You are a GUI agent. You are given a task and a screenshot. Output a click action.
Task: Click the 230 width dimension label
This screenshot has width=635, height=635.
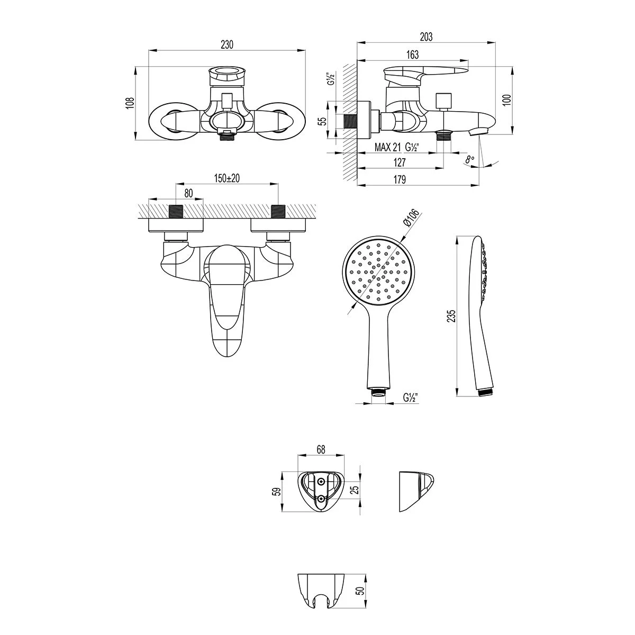227,44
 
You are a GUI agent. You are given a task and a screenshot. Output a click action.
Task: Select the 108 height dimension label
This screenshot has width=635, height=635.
131,103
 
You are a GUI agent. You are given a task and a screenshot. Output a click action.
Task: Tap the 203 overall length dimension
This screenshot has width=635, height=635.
426,37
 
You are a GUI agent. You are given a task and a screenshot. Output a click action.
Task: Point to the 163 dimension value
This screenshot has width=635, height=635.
412,55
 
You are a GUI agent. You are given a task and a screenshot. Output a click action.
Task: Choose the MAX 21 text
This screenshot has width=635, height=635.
387,147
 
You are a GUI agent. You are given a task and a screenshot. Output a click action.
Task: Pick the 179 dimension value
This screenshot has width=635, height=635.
400,179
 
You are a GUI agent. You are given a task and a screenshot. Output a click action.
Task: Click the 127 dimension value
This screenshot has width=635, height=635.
400,162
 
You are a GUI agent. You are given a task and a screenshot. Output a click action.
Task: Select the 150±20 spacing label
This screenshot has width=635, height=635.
226,178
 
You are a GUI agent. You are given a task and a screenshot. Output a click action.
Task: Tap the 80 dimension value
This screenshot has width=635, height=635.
188,193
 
